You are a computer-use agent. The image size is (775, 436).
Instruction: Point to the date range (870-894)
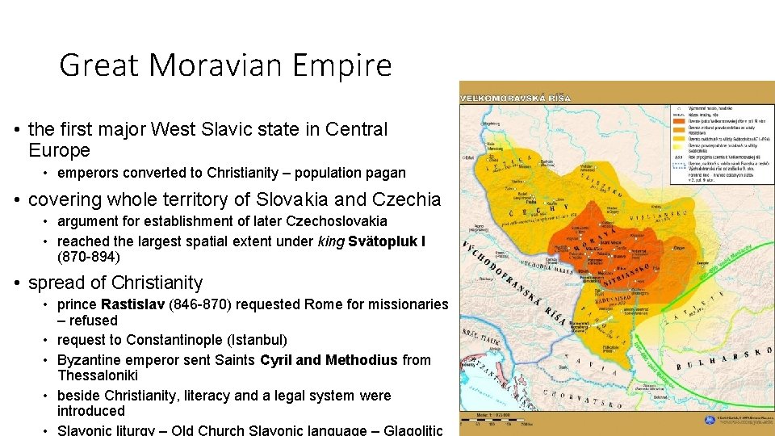point(89,258)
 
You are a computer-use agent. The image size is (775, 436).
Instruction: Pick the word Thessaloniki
point(98,375)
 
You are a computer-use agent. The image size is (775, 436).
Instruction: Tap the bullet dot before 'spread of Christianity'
point(16,283)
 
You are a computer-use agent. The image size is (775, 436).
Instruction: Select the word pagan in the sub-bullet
point(387,173)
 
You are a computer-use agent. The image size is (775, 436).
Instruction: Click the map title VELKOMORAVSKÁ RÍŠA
point(515,98)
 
